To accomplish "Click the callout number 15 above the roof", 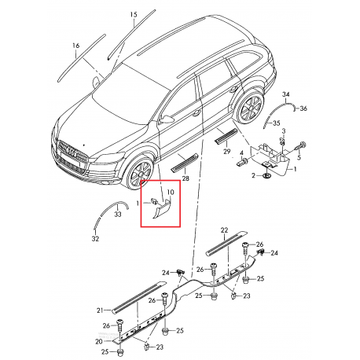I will [x=134, y=15].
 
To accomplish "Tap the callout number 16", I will [x=76, y=46].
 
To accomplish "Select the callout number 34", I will [x=286, y=94].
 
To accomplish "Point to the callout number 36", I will [x=303, y=108].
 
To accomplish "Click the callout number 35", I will [x=275, y=123].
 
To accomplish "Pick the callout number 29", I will [x=227, y=150].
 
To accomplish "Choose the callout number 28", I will [x=186, y=179].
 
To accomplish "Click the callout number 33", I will [x=118, y=213].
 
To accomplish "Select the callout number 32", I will [x=96, y=238].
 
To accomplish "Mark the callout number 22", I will [x=223, y=230].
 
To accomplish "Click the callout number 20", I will [x=98, y=342].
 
